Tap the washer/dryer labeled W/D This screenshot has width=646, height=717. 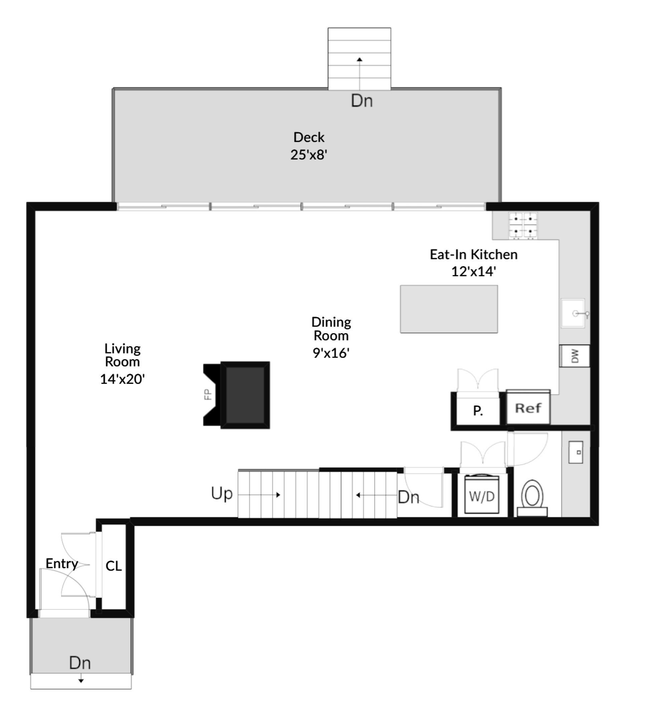click(x=482, y=495)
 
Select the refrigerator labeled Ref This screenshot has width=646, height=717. click(x=528, y=408)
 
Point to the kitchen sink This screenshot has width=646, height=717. click(x=573, y=313)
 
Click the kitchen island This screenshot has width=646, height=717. click(x=449, y=309)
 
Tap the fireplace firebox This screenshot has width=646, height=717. click(x=245, y=395)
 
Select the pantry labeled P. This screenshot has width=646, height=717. click(x=478, y=410)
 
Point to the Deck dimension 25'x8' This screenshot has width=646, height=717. click(x=308, y=155)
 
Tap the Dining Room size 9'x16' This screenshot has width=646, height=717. click(x=331, y=353)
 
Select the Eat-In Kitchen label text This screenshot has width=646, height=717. click(x=473, y=254)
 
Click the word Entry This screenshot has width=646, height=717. click(x=62, y=563)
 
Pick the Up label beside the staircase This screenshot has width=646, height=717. click(x=221, y=493)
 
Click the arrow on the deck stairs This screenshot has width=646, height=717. click(x=360, y=60)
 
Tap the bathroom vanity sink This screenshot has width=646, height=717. click(x=575, y=452)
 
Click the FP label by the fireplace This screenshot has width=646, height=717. click(x=208, y=395)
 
